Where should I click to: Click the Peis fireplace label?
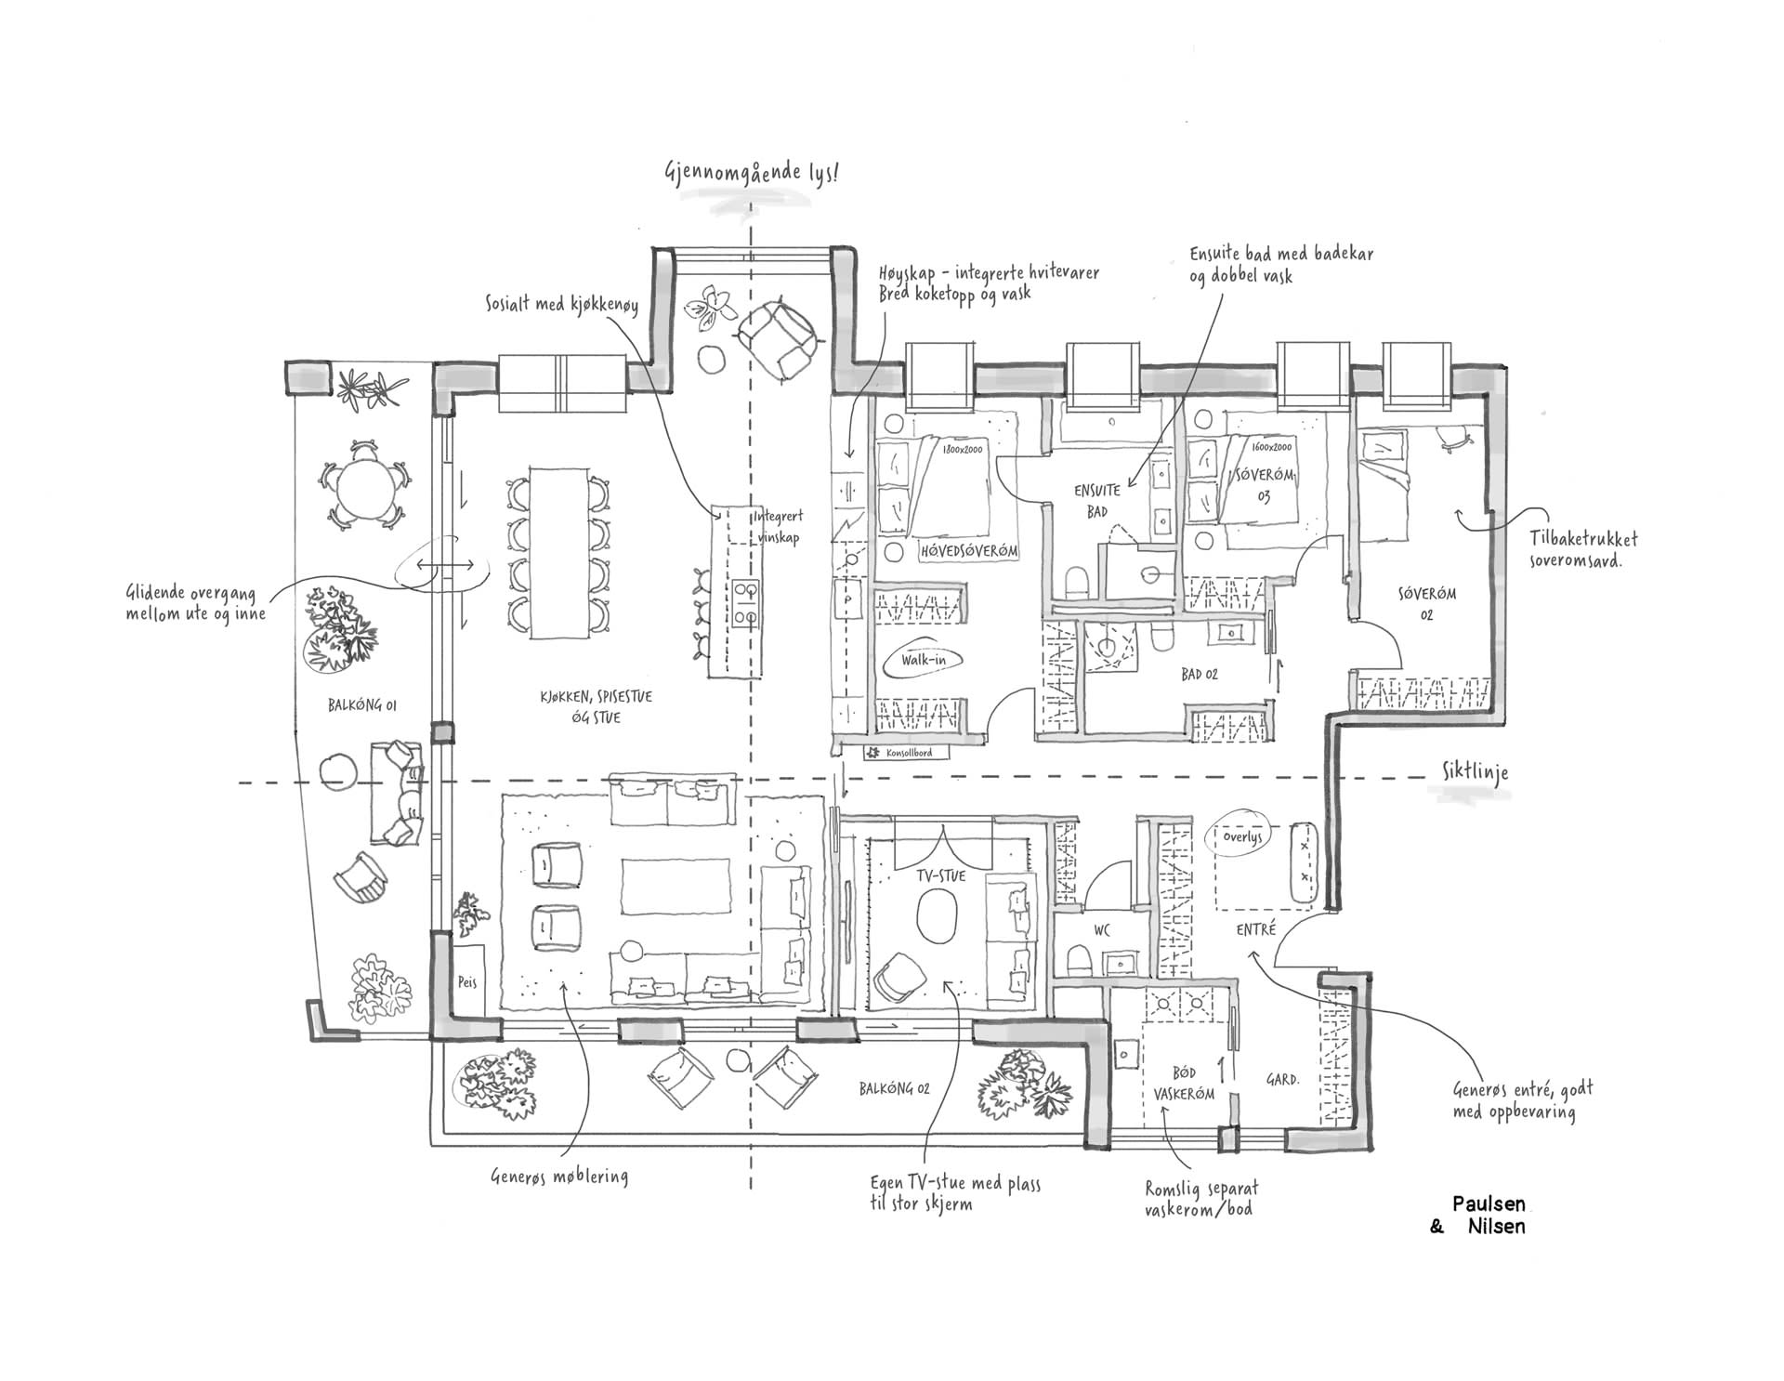pyautogui.click(x=466, y=981)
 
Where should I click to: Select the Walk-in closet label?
pyautogui.click(x=925, y=661)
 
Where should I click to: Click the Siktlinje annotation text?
pyautogui.click(x=1476, y=773)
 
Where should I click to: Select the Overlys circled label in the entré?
pyautogui.click(x=1242, y=836)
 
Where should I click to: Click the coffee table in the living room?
pyautogui.click(x=676, y=887)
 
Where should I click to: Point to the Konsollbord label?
pyautogui.click(x=908, y=753)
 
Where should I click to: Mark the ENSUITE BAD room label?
pyautogui.click(x=1097, y=499)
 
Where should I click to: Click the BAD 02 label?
pyautogui.click(x=1200, y=674)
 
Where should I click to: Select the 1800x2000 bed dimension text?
pyautogui.click(x=962, y=450)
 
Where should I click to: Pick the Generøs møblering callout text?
pyautogui.click(x=559, y=1177)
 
